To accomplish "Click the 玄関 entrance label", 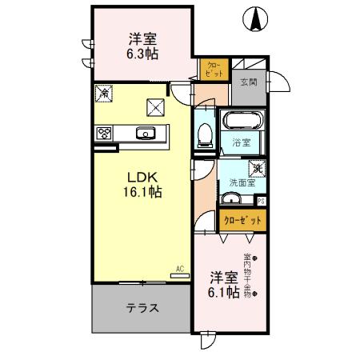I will pyautogui.click(x=248, y=82).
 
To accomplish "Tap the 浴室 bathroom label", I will pyautogui.click(x=242, y=144).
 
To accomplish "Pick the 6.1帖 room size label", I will pyautogui.click(x=223, y=293).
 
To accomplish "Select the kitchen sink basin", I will pyautogui.click(x=146, y=134).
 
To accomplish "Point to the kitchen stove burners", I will pyautogui.click(x=104, y=133).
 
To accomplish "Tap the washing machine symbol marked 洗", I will pyautogui.click(x=258, y=169).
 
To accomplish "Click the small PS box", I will pyautogui.click(x=262, y=201).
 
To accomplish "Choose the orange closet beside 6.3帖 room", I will pyautogui.click(x=213, y=69).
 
